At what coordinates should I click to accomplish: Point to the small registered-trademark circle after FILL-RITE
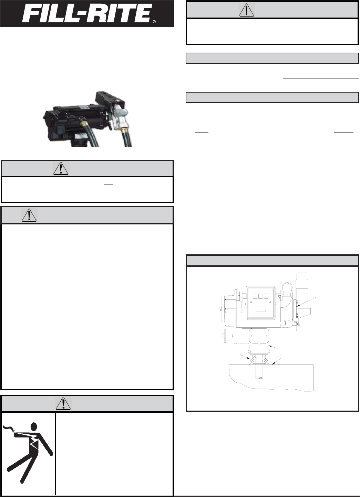155,22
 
